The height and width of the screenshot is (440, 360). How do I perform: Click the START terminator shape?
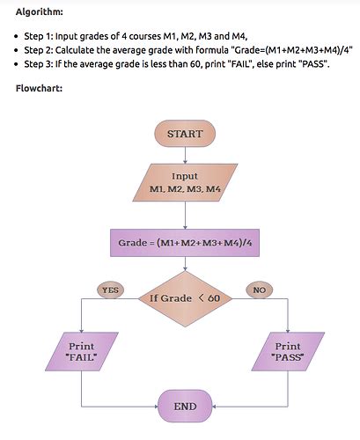coord(185,134)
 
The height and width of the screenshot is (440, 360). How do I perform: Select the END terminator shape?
coord(185,407)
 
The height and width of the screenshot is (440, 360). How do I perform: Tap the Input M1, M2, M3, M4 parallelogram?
coord(185,183)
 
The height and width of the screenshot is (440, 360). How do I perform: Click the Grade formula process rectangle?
coord(185,241)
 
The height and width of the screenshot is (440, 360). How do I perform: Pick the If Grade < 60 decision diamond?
coord(185,298)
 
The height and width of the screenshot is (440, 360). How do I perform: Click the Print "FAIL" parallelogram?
coord(81,352)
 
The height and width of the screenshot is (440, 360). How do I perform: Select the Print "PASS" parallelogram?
coord(288,352)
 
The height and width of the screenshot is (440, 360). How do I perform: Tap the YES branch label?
coord(110,290)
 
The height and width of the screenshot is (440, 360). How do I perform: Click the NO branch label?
coord(259,290)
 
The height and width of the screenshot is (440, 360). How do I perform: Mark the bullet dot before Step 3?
coord(18,66)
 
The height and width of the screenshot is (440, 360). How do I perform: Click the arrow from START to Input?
coord(185,154)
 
